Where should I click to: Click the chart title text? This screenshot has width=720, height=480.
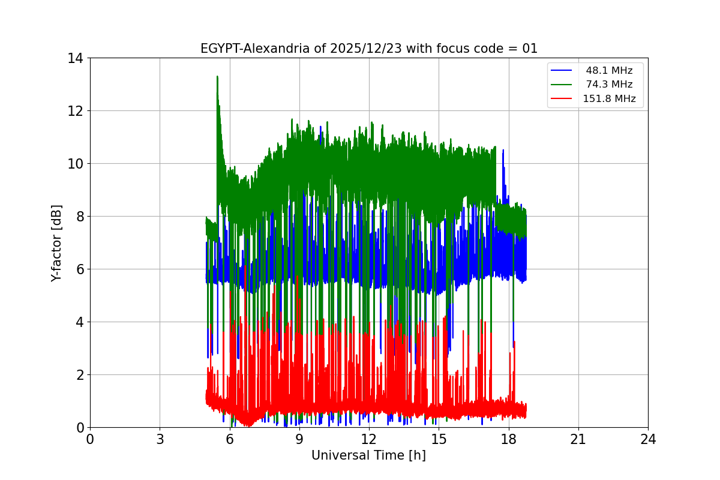(368, 49)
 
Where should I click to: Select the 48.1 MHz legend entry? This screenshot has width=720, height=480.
(609, 70)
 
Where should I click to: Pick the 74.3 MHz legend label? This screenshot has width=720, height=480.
(609, 85)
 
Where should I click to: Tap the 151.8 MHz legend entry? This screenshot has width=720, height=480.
(609, 99)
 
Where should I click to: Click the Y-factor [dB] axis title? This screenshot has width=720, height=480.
(56, 243)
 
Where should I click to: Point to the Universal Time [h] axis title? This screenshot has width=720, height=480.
(368, 455)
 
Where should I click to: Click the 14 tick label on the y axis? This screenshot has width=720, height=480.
(75, 58)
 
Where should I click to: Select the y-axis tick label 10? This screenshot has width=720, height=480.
(75, 164)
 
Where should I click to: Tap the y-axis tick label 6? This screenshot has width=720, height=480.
(79, 269)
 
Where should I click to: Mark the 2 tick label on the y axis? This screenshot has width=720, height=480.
(79, 375)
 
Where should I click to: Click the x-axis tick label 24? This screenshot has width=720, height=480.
(648, 440)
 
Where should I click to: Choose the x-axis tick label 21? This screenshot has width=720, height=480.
(578, 440)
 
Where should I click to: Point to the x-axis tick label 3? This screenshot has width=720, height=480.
(160, 440)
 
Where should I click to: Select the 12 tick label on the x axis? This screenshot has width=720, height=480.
(369, 440)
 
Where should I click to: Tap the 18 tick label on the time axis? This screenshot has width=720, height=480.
(509, 440)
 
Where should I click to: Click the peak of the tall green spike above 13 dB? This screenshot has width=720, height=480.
(217, 77)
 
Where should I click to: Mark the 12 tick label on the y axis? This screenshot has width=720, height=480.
(75, 111)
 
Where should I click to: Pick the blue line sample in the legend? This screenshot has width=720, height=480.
(562, 70)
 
